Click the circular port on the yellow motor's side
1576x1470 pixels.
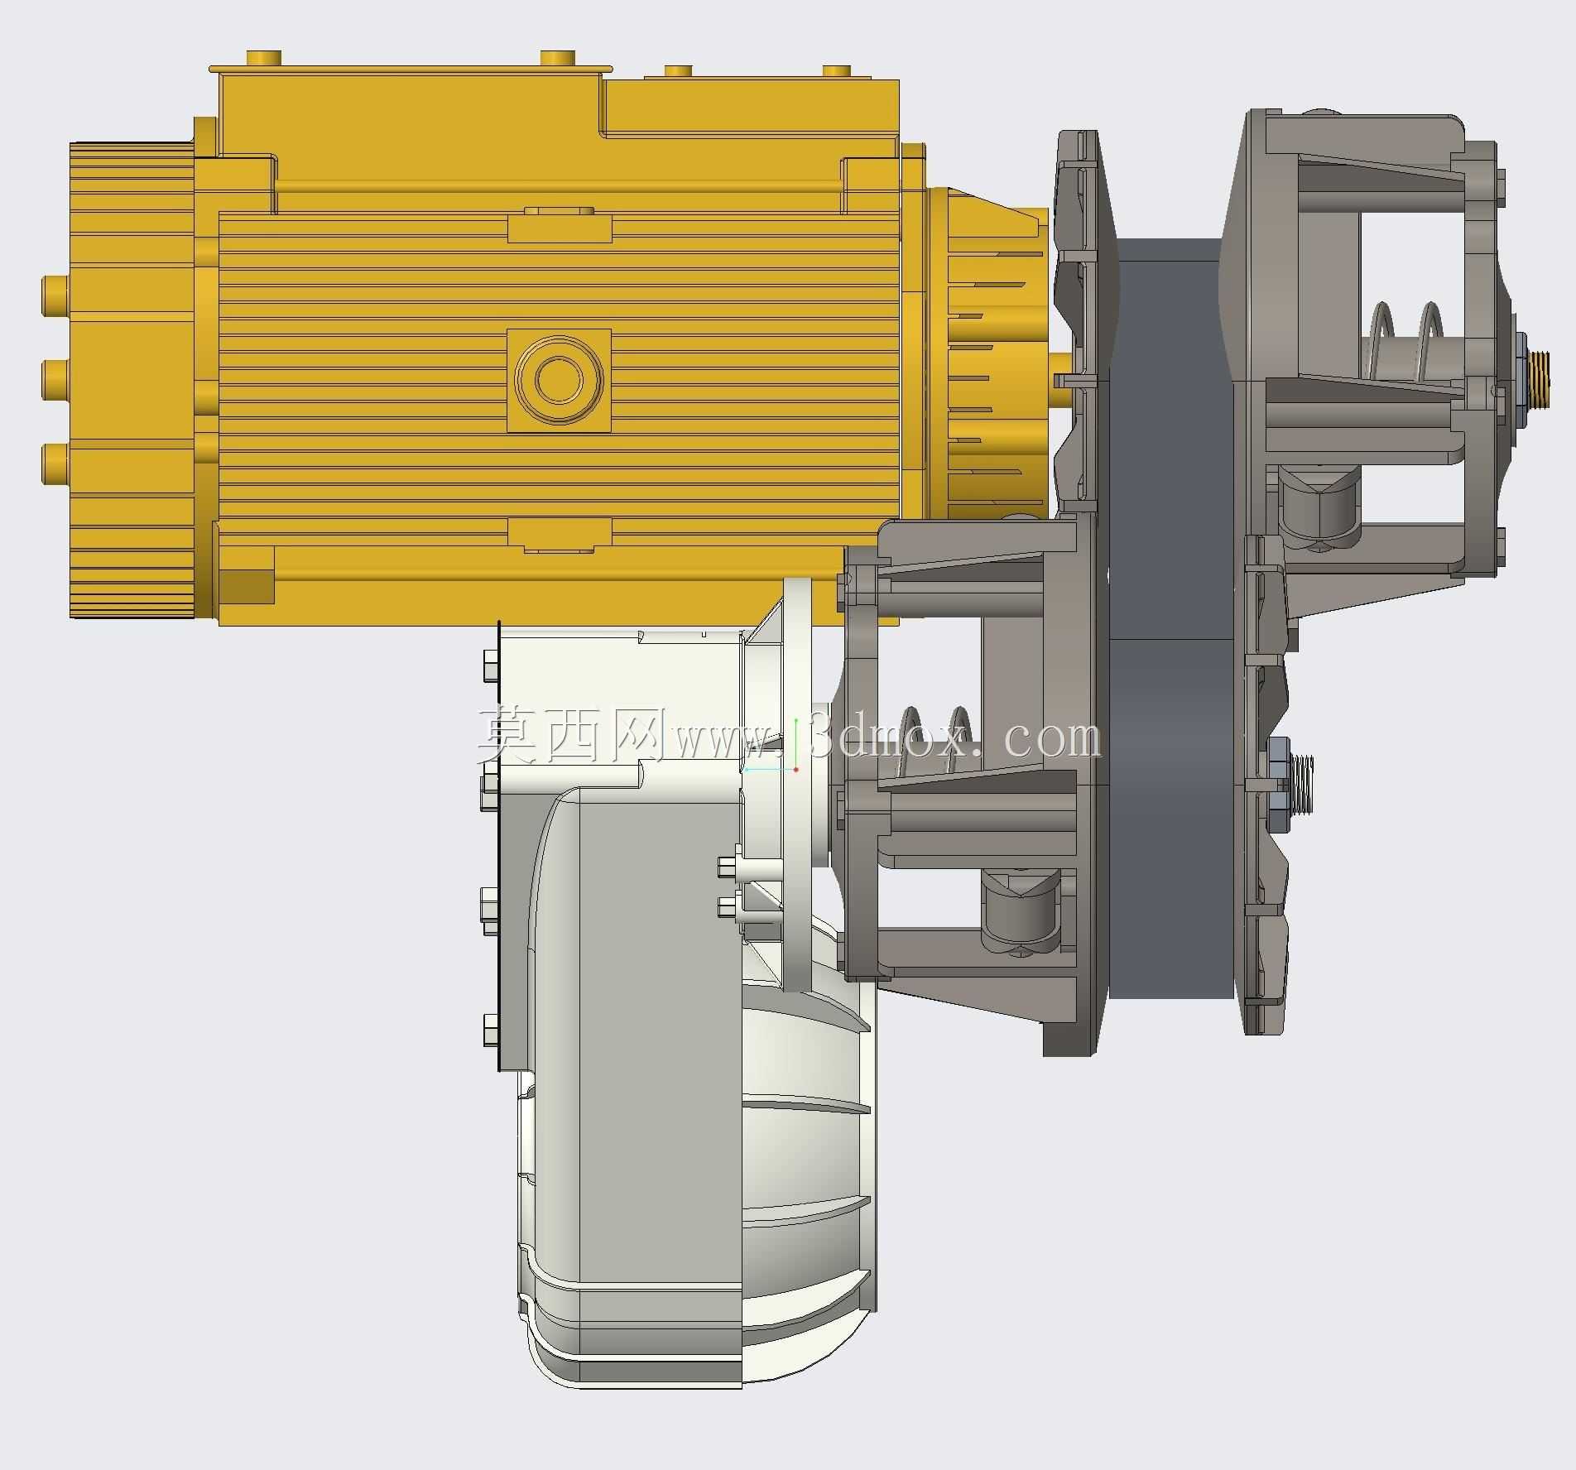(x=559, y=379)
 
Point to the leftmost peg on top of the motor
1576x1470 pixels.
(x=264, y=59)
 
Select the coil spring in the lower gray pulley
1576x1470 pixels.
(x=935, y=741)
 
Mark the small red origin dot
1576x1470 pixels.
(x=795, y=770)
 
